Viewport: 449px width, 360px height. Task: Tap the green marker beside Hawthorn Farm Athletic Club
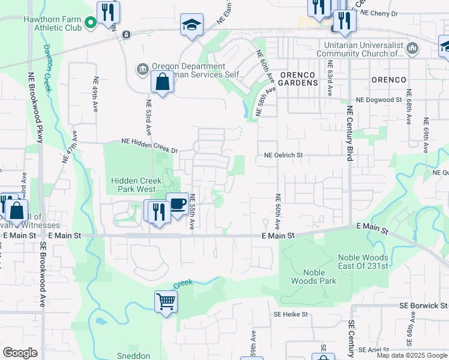coord(91,23)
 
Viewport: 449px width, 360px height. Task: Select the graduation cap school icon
coord(192,25)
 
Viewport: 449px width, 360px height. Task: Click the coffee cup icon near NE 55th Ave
coord(177,205)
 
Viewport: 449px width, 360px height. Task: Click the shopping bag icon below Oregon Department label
coord(163,82)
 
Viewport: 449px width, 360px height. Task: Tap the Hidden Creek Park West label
coord(133,185)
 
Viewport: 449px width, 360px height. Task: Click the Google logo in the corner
coord(20,353)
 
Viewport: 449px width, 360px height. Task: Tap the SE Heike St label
coord(291,314)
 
